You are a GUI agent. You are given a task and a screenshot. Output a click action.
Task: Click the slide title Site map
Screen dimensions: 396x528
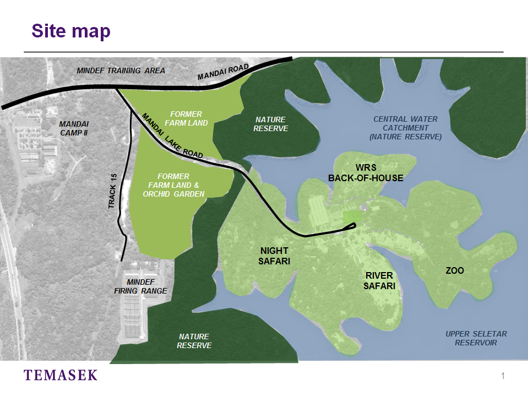pyautogui.click(x=71, y=31)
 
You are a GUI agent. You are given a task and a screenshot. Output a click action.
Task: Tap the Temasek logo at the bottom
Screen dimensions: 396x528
pyautogui.click(x=61, y=376)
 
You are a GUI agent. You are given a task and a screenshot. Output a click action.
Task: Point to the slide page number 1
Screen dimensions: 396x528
pyautogui.click(x=503, y=376)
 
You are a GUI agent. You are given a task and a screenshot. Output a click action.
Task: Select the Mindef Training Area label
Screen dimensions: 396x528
pyautogui.click(x=121, y=70)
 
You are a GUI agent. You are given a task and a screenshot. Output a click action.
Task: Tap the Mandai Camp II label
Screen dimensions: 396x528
pyautogui.click(x=73, y=128)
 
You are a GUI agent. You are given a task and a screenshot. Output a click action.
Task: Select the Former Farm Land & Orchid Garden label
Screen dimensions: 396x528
pyautogui.click(x=180, y=185)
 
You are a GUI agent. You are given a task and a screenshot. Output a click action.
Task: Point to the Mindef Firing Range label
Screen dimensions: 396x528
pyautogui.click(x=140, y=286)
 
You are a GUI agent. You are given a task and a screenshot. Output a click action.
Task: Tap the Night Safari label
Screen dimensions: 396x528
pyautogui.click(x=274, y=256)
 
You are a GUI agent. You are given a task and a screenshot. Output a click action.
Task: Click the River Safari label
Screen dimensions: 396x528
pyautogui.click(x=379, y=280)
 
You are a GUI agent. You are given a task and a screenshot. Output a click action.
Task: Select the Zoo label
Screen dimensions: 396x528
pyautogui.click(x=455, y=270)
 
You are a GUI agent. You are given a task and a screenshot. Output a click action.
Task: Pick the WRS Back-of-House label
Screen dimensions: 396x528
pyautogui.click(x=366, y=172)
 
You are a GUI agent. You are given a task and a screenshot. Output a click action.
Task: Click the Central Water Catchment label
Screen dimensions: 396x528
pyautogui.click(x=405, y=128)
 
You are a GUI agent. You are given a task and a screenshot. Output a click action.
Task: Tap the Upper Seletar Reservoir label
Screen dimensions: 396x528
pyautogui.click(x=476, y=338)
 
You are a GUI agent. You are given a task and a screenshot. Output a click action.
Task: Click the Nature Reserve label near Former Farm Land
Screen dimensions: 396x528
pyautogui.click(x=270, y=124)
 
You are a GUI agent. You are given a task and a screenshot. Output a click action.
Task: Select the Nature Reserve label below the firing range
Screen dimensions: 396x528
pyautogui.click(x=194, y=341)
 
